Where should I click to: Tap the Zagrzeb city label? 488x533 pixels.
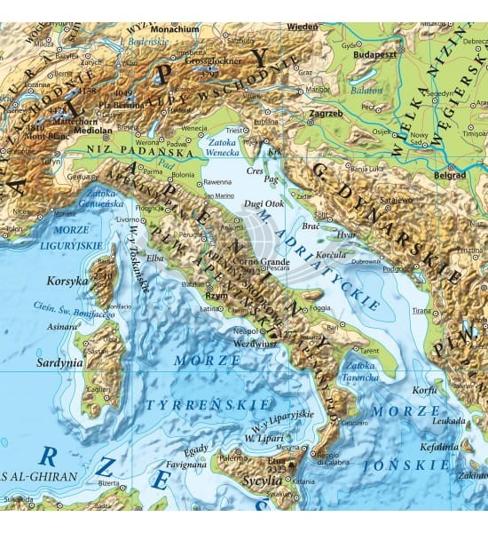coord(326,115)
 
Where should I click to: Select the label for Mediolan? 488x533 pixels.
coord(94,128)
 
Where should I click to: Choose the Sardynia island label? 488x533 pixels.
coord(59,362)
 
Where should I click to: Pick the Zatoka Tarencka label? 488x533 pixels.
coord(361,370)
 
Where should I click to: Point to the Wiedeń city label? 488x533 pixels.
coord(302,28)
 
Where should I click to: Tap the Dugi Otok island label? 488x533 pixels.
coord(271,203)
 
